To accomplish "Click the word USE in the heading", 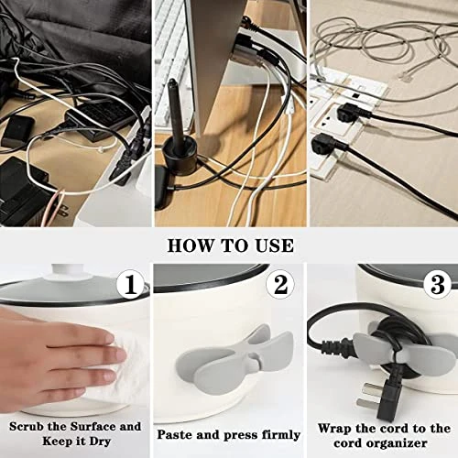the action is tap(274, 245).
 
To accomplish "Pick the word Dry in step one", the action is tap(100, 442).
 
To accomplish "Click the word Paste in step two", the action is tap(174, 434).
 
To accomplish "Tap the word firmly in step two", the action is tap(278, 435).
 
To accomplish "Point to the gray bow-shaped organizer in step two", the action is tap(234, 354).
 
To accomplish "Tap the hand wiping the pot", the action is tap(61, 360).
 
